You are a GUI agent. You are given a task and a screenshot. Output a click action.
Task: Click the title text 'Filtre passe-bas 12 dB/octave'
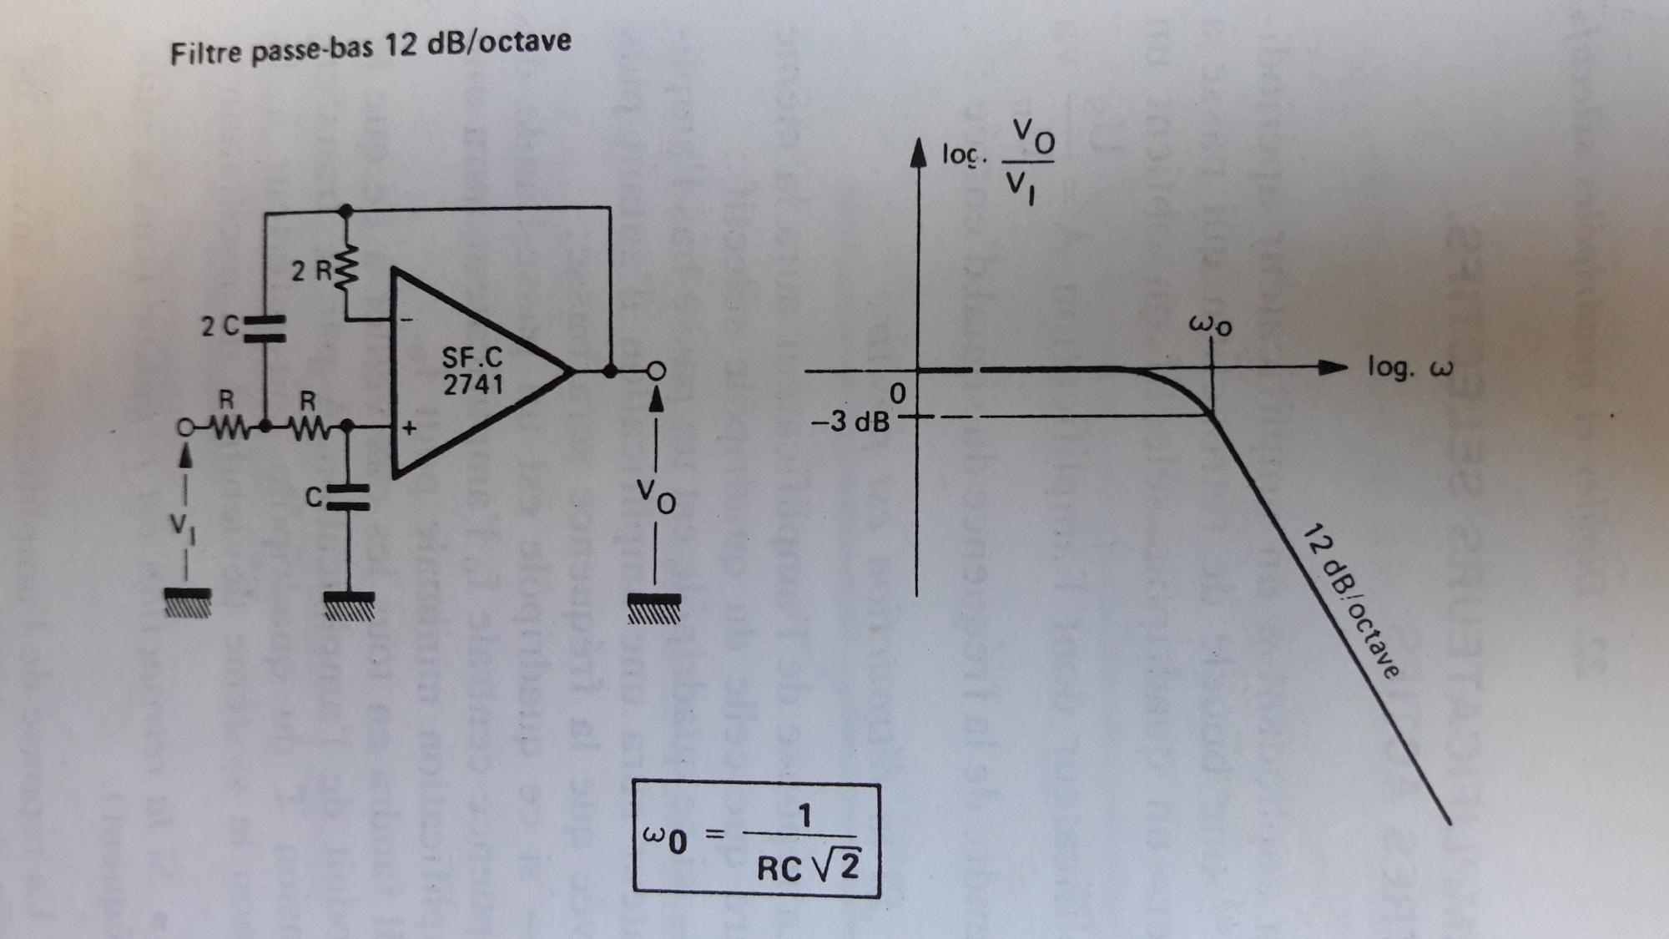tap(371, 47)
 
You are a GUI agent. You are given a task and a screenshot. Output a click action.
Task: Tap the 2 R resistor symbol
tap(345, 268)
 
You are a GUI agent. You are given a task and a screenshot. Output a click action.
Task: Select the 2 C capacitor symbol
tap(264, 328)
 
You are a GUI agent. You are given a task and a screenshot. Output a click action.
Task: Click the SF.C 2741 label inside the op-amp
tap(472, 371)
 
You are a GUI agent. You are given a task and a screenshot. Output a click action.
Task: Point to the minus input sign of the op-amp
tap(406, 319)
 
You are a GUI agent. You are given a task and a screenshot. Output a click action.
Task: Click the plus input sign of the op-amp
tap(409, 429)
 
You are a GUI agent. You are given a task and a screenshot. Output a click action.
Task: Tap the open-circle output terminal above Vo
tap(657, 370)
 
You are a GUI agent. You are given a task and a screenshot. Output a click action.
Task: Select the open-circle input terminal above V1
tap(183, 429)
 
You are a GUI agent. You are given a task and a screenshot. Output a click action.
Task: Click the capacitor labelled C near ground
tap(347, 497)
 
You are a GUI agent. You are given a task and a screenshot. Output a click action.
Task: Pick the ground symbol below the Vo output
tap(654, 608)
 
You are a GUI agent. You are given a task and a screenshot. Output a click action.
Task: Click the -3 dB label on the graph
tap(850, 422)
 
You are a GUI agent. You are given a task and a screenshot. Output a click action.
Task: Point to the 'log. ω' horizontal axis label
tap(1409, 366)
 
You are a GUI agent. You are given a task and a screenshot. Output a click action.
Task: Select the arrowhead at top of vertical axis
tap(918, 153)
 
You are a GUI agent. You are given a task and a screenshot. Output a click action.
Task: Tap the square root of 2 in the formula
tap(838, 866)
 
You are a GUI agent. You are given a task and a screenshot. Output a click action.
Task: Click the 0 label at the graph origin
tap(898, 392)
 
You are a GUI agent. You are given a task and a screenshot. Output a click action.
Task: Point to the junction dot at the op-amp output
tap(610, 371)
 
